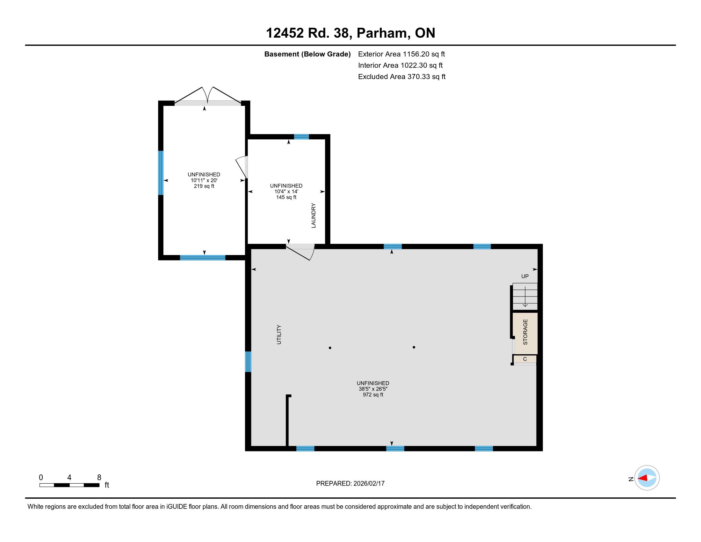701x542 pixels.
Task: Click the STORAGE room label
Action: tap(525, 332)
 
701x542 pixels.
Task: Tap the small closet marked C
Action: tap(525, 359)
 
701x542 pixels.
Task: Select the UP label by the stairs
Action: tap(525, 276)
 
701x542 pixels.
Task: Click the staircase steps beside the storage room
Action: tap(525, 296)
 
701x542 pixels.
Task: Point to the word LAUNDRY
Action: tap(314, 216)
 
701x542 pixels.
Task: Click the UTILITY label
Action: tap(279, 334)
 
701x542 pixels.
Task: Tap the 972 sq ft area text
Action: tap(373, 395)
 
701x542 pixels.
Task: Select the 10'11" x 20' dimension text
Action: tap(204, 180)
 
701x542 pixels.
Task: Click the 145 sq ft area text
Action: tap(286, 197)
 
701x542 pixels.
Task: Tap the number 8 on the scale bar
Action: tap(99, 477)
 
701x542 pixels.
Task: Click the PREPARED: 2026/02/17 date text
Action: tap(350, 484)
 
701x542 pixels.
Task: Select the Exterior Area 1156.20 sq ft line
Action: tap(401, 54)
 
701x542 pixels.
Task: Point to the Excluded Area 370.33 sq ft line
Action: tap(402, 77)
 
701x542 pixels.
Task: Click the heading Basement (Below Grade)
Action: tap(307, 54)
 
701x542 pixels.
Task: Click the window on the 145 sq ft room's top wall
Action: tap(301, 136)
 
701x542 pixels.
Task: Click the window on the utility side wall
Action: tap(248, 362)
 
